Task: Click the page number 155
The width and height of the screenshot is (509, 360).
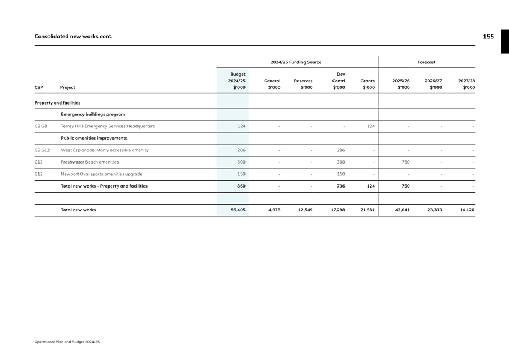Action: pos(488,37)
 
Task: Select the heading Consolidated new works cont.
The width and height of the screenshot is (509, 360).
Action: pos(74,37)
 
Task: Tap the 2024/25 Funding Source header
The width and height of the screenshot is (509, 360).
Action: pos(296,62)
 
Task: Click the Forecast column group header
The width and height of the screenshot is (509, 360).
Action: pos(427,62)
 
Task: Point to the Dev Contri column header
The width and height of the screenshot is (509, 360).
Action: pos(339,81)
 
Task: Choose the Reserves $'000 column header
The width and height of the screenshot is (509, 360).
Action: pos(303,84)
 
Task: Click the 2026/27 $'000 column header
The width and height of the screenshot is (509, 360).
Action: pos(433,84)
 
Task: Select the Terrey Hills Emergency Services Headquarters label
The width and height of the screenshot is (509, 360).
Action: pos(108,126)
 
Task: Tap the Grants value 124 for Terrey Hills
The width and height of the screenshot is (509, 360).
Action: pos(370,126)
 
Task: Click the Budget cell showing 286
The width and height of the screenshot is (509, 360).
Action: pos(241,150)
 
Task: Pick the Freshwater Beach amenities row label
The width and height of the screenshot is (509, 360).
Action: pos(90,162)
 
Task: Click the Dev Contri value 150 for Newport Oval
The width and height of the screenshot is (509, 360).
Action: pos(341,174)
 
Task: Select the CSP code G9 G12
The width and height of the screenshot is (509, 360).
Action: pos(42,150)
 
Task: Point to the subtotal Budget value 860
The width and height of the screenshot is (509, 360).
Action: pos(241,186)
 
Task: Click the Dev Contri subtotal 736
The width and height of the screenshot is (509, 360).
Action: pos(340,186)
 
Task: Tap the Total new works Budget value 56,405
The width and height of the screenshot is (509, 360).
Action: pos(238,210)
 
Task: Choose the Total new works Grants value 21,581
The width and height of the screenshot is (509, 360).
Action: pos(368,210)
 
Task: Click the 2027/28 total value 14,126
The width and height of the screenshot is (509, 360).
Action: pos(467,210)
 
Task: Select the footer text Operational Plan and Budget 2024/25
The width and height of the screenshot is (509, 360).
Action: pos(67,342)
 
